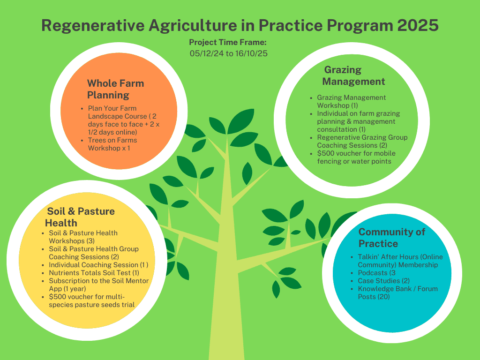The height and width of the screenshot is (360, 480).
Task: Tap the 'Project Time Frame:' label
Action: pos(227,42)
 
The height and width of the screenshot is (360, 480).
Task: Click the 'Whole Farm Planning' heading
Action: pos(115,89)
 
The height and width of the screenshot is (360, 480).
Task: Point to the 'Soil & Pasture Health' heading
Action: pos(80,217)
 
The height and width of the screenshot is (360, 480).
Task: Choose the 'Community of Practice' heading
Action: pos(391,238)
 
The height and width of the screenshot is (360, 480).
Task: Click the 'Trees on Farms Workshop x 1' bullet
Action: pos(112,144)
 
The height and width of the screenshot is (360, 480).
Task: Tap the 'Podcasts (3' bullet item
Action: pos(374,273)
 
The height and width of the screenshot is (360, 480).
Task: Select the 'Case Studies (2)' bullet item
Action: pos(377,281)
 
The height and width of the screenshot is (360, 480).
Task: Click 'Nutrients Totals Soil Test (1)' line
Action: pos(94,273)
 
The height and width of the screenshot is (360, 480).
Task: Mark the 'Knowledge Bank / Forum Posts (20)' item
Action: pos(397,292)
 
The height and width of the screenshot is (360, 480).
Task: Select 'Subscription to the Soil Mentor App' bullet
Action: pos(98,285)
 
